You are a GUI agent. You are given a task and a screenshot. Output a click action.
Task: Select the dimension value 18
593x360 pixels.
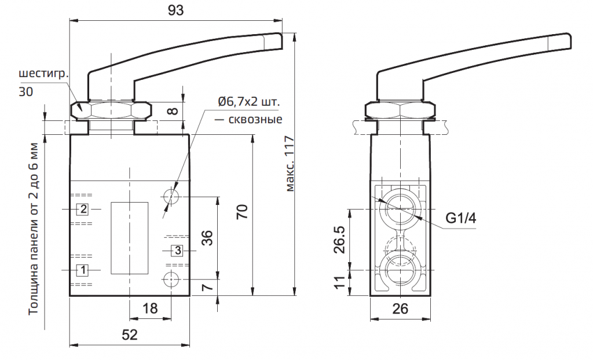click(150, 308)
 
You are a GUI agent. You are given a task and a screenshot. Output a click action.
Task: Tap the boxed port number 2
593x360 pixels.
click(83, 208)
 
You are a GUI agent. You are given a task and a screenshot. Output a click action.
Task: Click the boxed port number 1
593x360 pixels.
click(83, 270)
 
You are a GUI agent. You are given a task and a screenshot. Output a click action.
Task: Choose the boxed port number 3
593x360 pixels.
click(178, 251)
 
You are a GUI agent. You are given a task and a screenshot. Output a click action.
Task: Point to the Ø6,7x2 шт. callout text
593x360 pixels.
click(248, 102)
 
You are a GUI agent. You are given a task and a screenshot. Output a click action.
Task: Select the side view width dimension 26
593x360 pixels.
click(400, 309)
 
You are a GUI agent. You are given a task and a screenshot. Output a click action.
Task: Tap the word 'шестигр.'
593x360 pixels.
click(44, 75)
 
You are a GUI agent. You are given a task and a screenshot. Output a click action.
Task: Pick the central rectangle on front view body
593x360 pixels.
click(130, 238)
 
